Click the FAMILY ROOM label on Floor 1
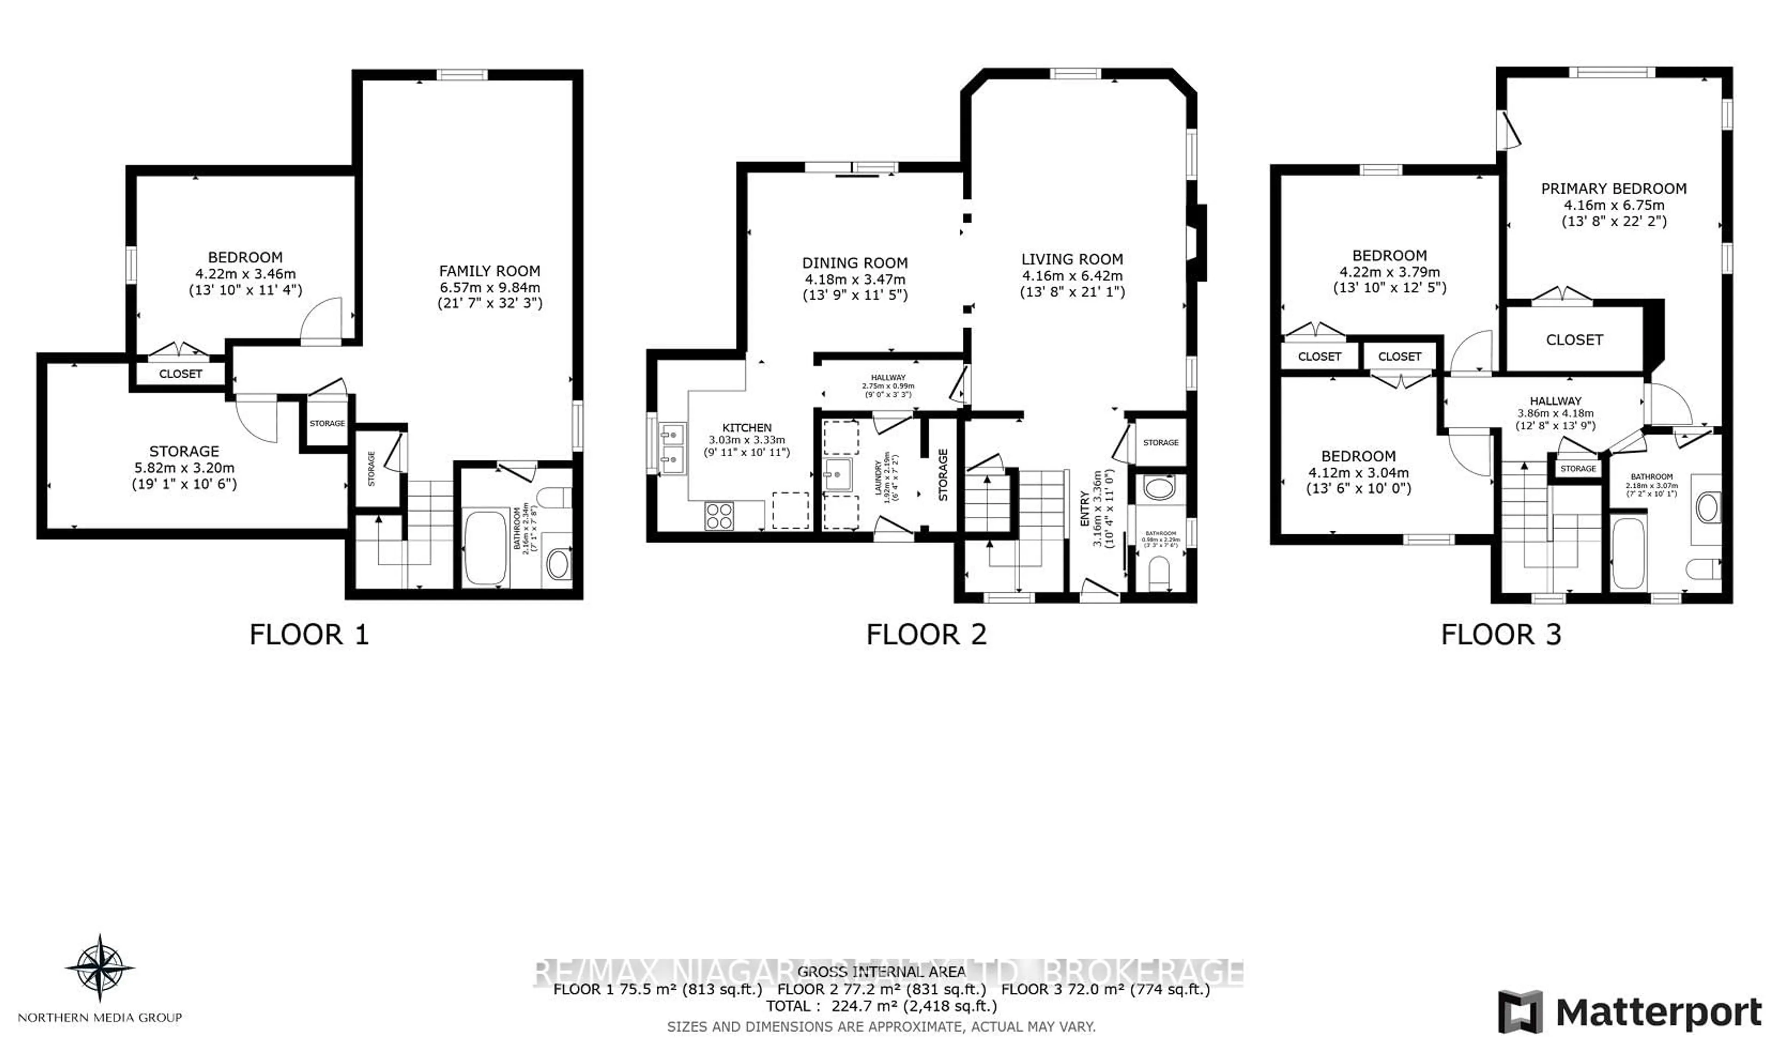pyautogui.click(x=490, y=271)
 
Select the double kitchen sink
pyautogui.click(x=672, y=449)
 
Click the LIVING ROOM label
pyautogui.click(x=1072, y=259)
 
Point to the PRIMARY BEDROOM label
pyautogui.click(x=1613, y=189)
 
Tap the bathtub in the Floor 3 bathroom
pyautogui.click(x=1628, y=553)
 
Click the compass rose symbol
pyautogui.click(x=100, y=968)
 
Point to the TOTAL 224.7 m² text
pyautogui.click(x=881, y=1006)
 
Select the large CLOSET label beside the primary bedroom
pyautogui.click(x=1574, y=339)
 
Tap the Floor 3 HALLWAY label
pyautogui.click(x=1555, y=401)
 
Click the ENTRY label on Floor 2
pyautogui.click(x=1085, y=508)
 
